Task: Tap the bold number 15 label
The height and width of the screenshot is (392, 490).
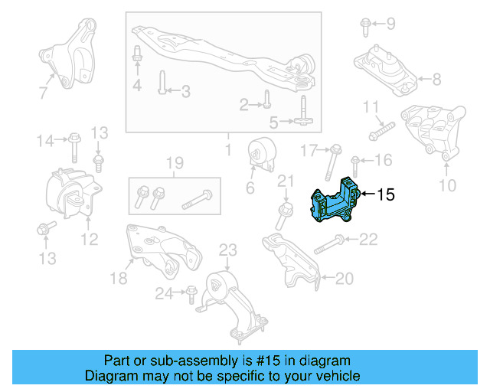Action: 386,195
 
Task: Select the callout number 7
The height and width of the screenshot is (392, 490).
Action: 43,93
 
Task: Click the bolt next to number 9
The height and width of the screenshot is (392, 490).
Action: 364,28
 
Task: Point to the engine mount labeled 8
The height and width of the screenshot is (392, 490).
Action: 382,70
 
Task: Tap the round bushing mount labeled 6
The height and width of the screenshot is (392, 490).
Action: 262,155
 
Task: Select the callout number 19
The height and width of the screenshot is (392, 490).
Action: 175,163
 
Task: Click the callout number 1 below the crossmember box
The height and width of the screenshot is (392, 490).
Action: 227,145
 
